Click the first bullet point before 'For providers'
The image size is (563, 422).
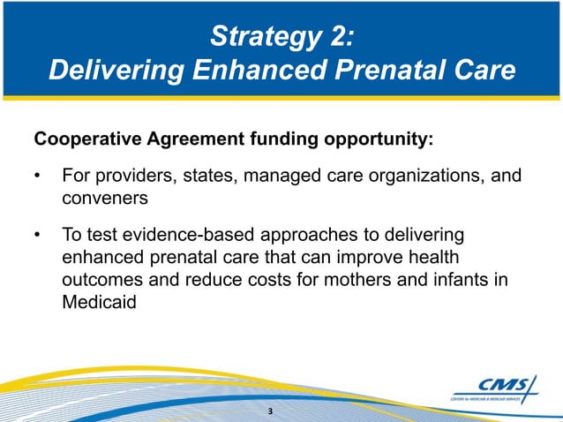[38, 177]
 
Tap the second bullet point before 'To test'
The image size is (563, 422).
[38, 235]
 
